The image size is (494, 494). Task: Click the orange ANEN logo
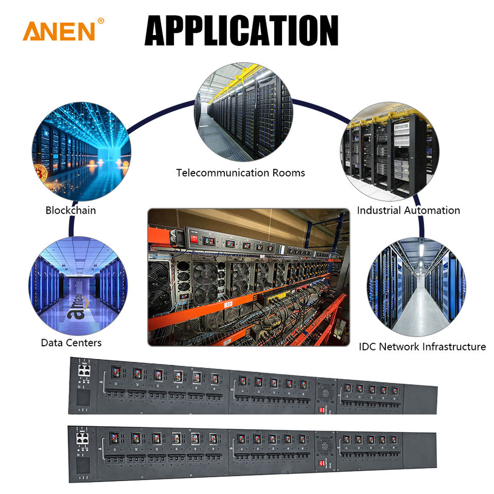pos(59,31)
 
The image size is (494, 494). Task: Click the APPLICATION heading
pos(241,30)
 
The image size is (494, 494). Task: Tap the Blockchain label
pos(70,210)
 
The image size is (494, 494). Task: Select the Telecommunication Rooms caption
pos(240,172)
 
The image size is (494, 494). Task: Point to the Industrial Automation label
pos(408,210)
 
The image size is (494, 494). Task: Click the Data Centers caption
pos(71,342)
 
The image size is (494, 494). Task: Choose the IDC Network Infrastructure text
pos(422,346)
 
